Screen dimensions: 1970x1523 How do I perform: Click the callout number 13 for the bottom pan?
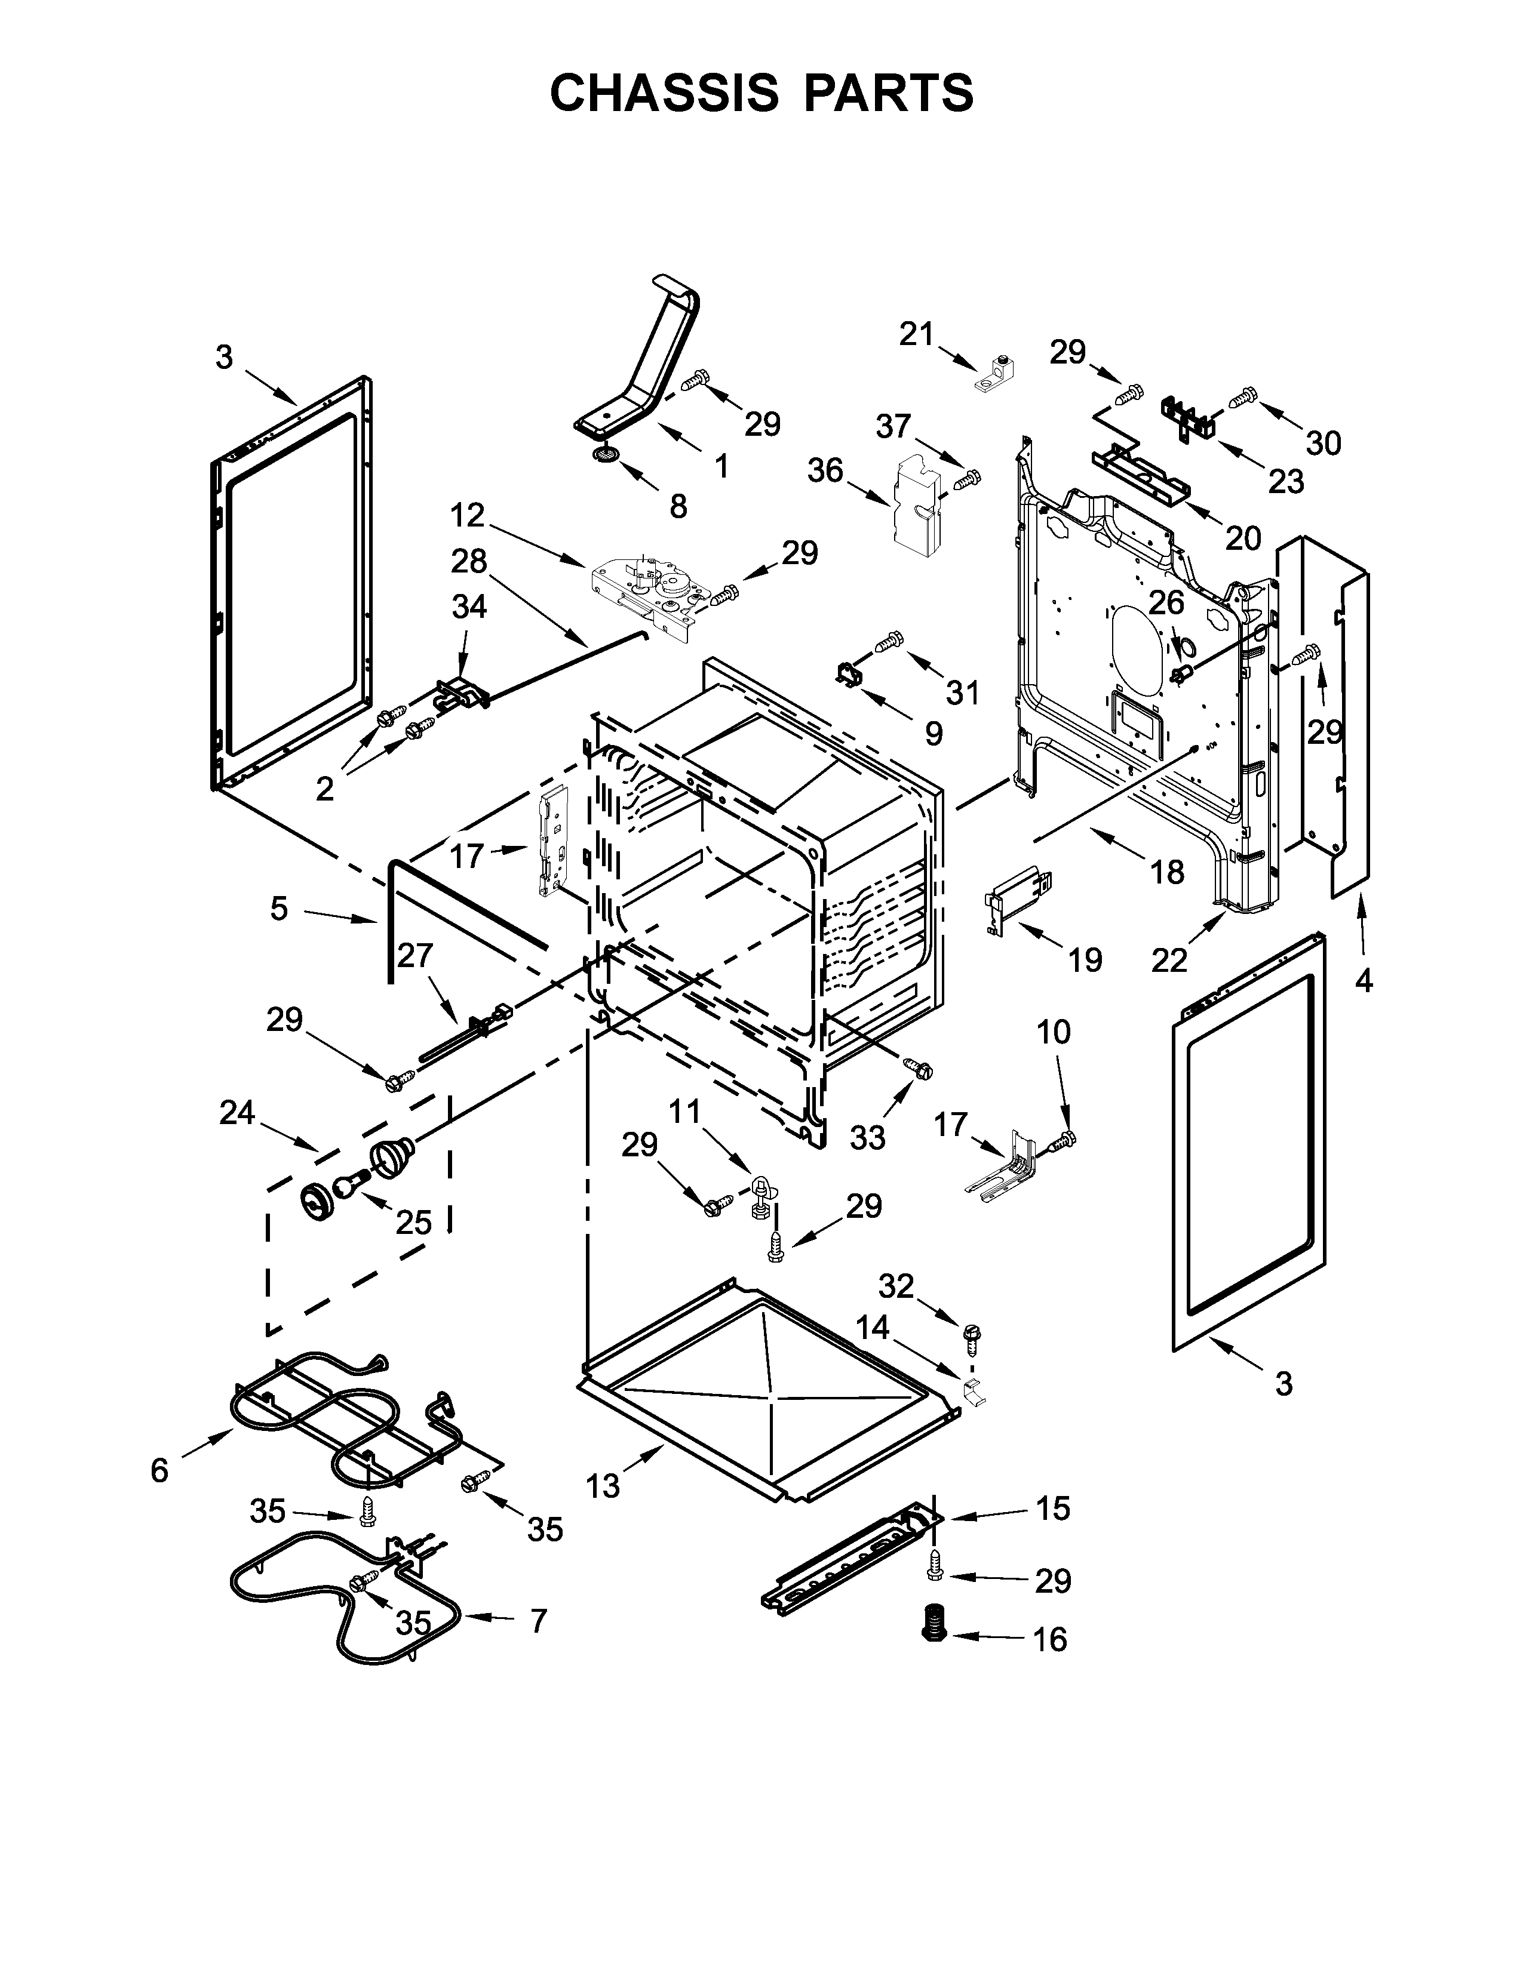[x=603, y=1485]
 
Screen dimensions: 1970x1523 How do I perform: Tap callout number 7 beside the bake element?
[x=538, y=1621]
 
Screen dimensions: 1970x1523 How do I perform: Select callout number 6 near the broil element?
[x=159, y=1471]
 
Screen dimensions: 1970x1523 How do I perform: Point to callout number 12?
[x=468, y=516]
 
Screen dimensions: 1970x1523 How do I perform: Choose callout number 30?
[x=1324, y=443]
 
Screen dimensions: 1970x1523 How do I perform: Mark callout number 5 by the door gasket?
[x=279, y=909]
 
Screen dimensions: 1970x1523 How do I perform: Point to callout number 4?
[x=1364, y=980]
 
